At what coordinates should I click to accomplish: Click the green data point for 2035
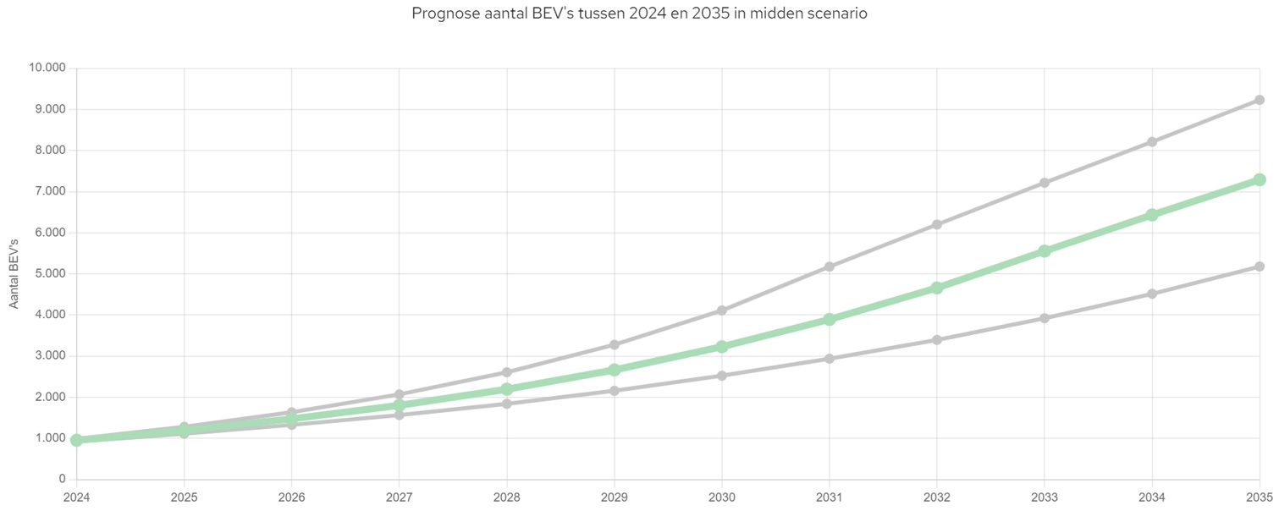click(1259, 179)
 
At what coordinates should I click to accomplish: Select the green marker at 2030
click(722, 347)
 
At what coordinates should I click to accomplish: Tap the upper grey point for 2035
click(1259, 100)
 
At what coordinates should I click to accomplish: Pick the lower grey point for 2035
click(1259, 266)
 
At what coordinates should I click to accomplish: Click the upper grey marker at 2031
click(830, 266)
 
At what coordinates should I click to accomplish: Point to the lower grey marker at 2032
click(937, 340)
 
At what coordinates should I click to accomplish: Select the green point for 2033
click(1044, 251)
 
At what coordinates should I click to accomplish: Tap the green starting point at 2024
click(77, 440)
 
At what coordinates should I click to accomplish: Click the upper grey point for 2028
click(506, 372)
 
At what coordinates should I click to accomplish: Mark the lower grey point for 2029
click(614, 391)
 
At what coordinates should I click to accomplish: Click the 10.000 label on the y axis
click(47, 69)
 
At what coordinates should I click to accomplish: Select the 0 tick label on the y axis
click(62, 480)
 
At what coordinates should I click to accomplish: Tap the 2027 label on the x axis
click(399, 497)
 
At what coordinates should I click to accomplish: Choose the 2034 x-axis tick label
click(1151, 497)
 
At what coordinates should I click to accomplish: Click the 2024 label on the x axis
click(77, 497)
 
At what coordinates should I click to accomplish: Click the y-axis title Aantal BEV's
click(14, 273)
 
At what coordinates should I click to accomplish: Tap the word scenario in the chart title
click(837, 14)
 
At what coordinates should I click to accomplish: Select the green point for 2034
click(1151, 215)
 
